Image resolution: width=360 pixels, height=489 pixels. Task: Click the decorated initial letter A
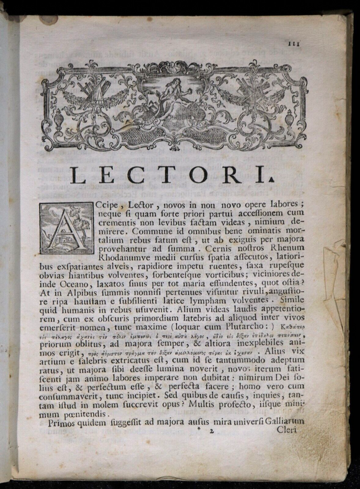click(x=66, y=229)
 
